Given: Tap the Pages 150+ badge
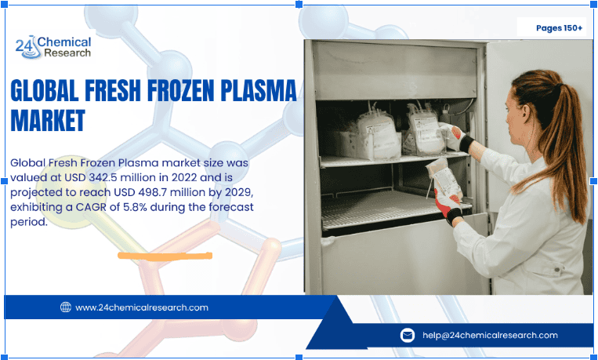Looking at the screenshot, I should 559,28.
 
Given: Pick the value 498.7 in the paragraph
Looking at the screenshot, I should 150,193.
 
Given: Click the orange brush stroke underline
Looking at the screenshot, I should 165,255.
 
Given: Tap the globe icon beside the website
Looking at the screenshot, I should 66,307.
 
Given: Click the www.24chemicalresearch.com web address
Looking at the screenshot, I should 142,307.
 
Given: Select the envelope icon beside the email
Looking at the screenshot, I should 407,335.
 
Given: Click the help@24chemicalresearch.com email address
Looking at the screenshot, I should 490,335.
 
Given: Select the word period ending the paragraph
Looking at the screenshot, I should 30,221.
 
